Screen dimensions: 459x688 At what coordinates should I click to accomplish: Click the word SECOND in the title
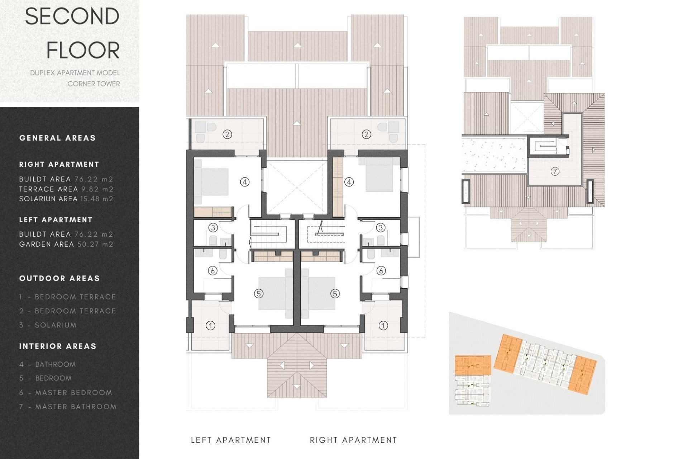(72, 17)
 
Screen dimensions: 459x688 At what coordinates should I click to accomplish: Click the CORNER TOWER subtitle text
(94, 84)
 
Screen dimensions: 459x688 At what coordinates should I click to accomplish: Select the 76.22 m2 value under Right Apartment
(94, 179)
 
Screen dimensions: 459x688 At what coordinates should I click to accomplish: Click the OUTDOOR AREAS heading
(59, 278)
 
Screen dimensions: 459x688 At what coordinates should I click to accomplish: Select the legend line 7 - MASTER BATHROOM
(68, 407)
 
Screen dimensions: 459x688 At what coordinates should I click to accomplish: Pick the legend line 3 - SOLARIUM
(48, 325)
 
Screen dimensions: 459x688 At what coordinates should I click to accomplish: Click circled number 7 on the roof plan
(555, 171)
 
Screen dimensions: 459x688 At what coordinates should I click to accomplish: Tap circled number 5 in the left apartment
(259, 294)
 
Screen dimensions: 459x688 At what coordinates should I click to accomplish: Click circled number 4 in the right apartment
(349, 182)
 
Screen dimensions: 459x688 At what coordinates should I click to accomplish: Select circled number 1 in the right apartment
(383, 326)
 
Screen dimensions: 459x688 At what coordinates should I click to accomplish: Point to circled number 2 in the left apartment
(227, 134)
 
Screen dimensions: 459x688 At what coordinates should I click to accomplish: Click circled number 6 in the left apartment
(212, 271)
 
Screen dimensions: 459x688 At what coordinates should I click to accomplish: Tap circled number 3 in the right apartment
(381, 227)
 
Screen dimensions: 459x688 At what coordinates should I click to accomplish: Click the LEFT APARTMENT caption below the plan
(231, 440)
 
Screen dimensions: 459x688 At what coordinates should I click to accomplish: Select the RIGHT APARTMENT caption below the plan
(353, 440)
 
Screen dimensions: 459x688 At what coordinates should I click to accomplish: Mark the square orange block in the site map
(473, 365)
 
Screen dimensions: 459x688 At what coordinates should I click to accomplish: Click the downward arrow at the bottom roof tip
(297, 387)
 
